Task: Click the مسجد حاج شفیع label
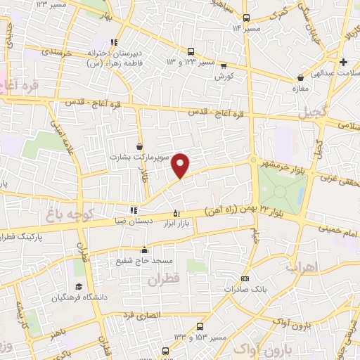coord(145,261)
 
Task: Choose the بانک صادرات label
coord(243,289)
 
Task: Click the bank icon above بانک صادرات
coord(245,278)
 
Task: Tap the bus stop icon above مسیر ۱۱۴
coord(245,18)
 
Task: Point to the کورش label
coord(224,75)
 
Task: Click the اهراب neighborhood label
coord(303,267)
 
